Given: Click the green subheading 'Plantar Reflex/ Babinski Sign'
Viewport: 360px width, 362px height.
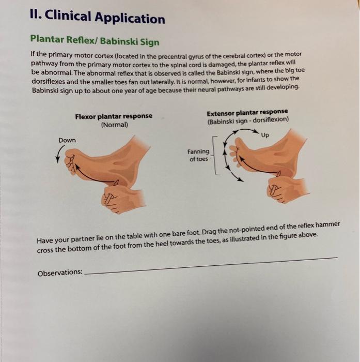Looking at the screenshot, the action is point(95,40).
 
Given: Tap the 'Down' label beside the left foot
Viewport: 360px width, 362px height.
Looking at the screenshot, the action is point(67,140).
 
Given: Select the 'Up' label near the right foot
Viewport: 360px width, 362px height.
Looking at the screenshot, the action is point(265,135).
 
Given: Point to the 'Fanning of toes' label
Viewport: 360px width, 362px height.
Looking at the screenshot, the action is point(198,155).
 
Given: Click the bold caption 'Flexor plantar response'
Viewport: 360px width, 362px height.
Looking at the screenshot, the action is point(114,116).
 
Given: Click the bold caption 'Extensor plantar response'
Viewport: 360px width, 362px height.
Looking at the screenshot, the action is point(247,113).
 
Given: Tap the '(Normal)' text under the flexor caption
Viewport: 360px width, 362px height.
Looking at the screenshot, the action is point(114,125).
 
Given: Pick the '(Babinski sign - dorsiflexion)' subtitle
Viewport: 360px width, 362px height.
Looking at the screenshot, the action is point(247,121).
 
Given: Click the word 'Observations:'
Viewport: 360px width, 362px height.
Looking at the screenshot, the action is point(60,272).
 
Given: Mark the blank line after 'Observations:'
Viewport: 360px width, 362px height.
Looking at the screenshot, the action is point(207,264).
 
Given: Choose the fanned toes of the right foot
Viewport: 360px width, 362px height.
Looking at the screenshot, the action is point(236,152).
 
